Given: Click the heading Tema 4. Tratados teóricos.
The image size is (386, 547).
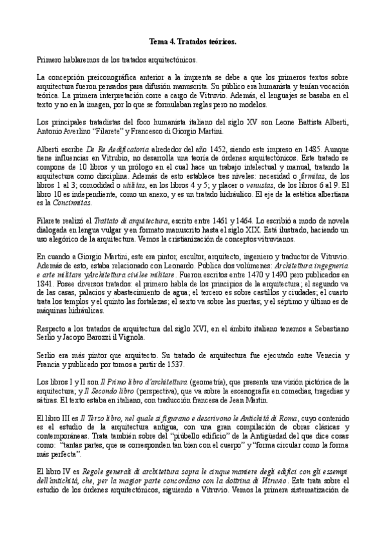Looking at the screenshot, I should point(193,41).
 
